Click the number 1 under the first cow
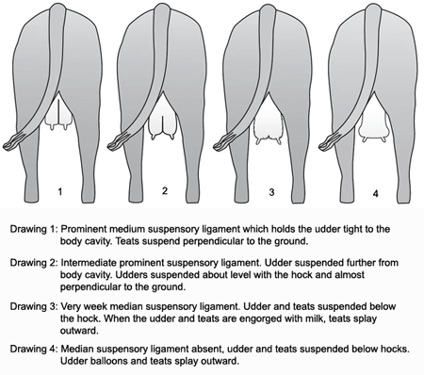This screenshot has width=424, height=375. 60,191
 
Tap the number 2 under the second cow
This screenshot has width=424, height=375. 165,190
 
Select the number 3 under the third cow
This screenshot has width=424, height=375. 271,192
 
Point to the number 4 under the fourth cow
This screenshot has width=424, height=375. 376,193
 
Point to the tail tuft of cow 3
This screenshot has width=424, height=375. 224,142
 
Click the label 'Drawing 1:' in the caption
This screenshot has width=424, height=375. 34,229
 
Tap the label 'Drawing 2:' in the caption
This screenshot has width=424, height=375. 34,263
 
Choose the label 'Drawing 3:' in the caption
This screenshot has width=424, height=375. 34,306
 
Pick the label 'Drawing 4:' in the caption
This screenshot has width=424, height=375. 34,349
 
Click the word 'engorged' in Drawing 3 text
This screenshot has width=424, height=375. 262,319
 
